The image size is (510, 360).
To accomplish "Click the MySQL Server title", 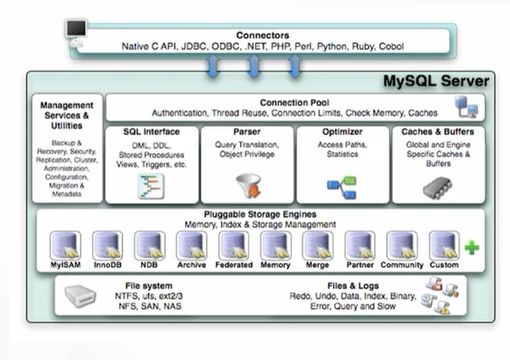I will [x=436, y=82].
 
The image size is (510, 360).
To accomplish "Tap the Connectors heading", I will [x=262, y=36].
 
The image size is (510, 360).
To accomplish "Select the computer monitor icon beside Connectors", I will [x=76, y=31].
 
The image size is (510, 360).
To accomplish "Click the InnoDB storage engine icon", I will [x=107, y=245].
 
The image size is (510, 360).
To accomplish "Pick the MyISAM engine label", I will [x=66, y=265].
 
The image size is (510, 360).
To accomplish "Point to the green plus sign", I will [x=471, y=248].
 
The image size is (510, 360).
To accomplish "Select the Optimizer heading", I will [x=343, y=132].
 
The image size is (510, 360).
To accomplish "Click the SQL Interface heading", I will [x=152, y=132].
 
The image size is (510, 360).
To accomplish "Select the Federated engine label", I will [x=234, y=265].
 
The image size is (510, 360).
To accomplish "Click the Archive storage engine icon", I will [x=191, y=245].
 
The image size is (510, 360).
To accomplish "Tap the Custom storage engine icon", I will [x=444, y=245].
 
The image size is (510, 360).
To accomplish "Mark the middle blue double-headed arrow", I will [x=254, y=66].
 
